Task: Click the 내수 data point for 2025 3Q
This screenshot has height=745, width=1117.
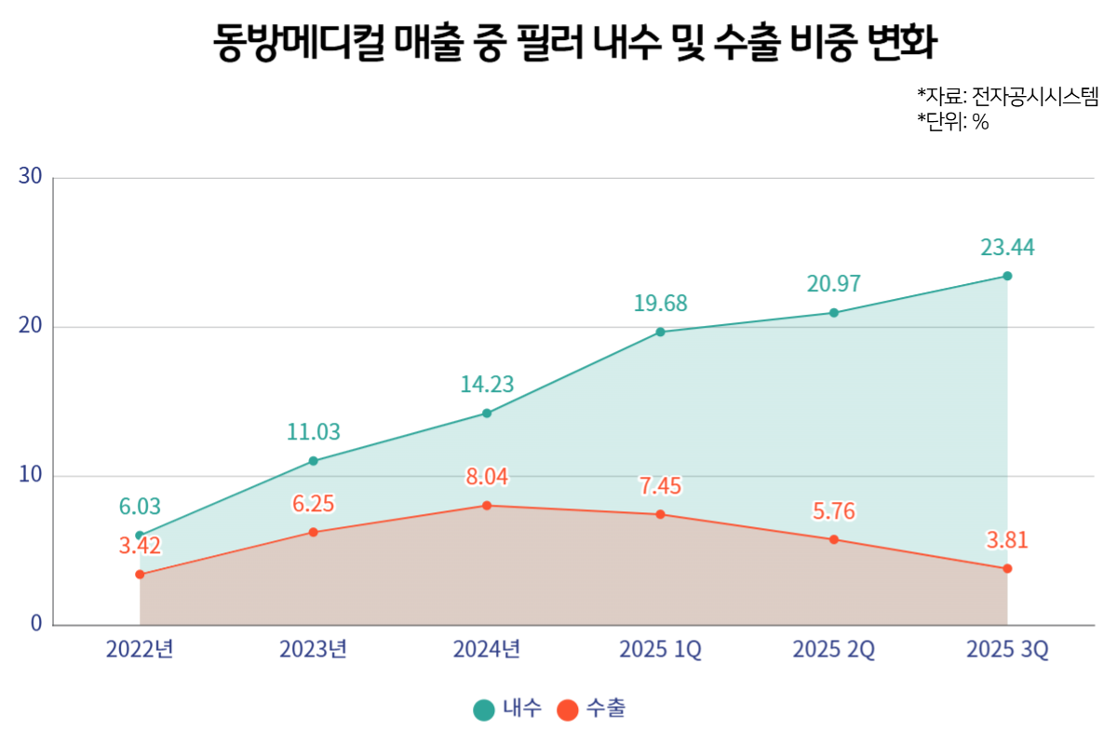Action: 1007,276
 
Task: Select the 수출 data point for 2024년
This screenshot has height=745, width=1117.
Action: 487,506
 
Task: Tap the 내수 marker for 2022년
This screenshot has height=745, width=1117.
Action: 140,535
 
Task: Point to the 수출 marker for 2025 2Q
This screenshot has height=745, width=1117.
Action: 834,539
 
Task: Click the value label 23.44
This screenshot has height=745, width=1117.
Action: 1007,248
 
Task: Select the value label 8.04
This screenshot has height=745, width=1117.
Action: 487,478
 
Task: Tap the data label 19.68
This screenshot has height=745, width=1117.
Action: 660,304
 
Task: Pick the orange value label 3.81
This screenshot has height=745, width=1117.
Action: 1007,541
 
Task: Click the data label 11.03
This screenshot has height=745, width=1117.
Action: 313,432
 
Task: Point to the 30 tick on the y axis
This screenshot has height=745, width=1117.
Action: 30,177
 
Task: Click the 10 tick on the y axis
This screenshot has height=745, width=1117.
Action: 30,475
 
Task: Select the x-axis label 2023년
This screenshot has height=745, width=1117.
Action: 313,650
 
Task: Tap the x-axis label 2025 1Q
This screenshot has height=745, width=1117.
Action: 660,650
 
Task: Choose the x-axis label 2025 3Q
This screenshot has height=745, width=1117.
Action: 1007,650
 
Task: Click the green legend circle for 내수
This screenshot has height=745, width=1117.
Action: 484,710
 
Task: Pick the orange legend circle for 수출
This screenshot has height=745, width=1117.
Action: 568,710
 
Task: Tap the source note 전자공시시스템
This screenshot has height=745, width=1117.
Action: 1035,96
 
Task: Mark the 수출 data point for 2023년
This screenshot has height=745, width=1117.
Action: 313,532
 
